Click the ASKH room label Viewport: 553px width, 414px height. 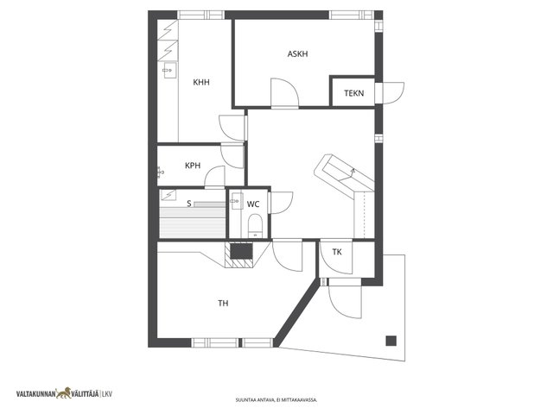tap(297, 53)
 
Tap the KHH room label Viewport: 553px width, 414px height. tap(201, 83)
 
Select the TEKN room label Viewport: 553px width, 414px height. tap(354, 93)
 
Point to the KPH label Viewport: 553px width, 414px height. tap(193, 166)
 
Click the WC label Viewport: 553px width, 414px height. tap(253, 204)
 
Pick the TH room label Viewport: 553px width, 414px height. tap(223, 303)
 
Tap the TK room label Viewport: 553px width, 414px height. tap(337, 252)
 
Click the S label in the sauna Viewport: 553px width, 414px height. tap(189, 204)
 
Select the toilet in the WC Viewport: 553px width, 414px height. tap(255, 226)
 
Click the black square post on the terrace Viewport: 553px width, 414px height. tap(391, 341)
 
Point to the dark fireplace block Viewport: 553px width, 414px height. tap(242, 251)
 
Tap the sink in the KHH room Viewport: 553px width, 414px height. tap(169, 71)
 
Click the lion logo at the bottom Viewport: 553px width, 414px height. tap(63, 393)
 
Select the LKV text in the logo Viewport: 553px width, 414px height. tap(107, 395)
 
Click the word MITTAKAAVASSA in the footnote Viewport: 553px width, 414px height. tap(302, 400)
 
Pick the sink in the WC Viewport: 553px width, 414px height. tap(237, 201)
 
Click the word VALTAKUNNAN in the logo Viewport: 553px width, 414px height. tap(36, 394)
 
